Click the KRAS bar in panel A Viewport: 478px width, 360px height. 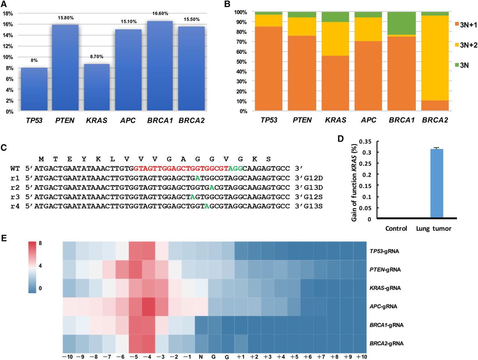97,87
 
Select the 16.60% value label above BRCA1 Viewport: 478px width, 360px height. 160,13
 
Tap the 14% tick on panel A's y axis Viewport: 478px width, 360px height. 8,35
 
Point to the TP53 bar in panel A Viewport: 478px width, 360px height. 34,89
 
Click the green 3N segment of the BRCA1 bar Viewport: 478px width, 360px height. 401,23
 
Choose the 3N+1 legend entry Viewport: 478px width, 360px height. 465,25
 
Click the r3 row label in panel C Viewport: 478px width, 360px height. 15,196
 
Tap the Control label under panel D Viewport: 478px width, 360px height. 396,228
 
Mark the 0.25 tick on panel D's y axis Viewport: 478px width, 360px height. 365,163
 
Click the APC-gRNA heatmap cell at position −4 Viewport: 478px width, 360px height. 149,307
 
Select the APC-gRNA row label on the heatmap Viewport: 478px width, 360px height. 383,307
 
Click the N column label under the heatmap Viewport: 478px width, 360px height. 201,357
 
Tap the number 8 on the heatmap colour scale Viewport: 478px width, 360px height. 40,244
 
